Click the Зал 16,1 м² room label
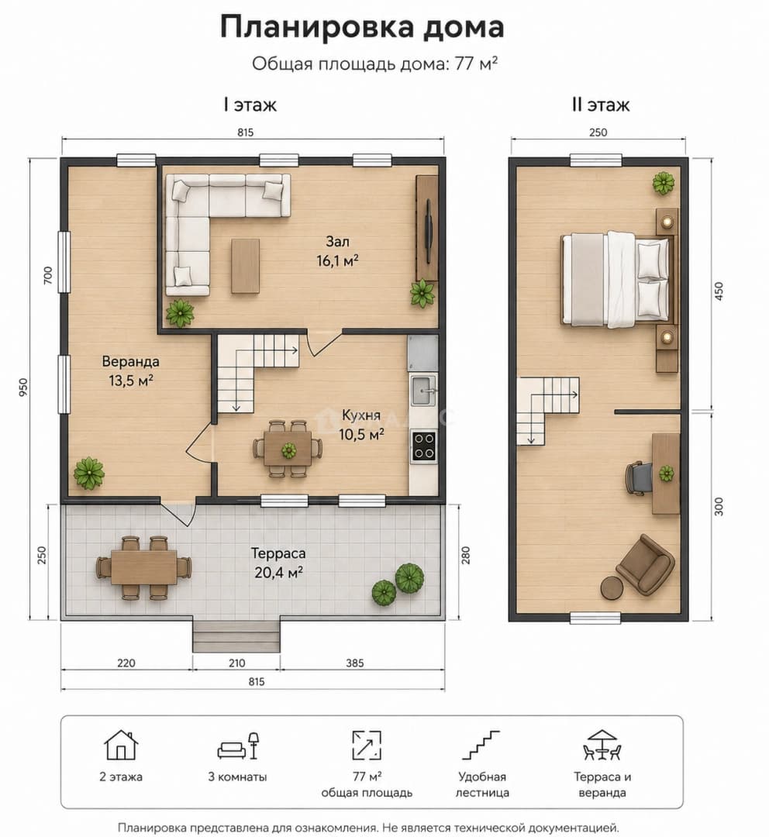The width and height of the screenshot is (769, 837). coord(337,251)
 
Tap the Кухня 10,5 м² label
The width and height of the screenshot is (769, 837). coord(361,425)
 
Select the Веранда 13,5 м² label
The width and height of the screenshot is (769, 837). coord(131,370)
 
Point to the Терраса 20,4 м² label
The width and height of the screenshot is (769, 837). coord(278,563)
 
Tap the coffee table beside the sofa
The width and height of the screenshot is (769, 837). coord(245,266)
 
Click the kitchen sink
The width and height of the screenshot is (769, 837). coord(423,390)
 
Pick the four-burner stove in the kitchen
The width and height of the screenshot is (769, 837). coord(423,446)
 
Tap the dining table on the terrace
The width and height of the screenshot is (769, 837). coord(143,567)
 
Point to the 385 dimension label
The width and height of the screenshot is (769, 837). coord(354,663)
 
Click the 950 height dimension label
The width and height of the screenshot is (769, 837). coord(23,387)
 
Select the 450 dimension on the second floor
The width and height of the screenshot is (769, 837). coord(719,291)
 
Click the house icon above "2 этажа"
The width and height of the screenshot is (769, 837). coord(121,745)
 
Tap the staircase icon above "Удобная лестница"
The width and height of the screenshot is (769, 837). coord(481,745)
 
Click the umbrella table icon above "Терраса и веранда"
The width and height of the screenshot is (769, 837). coord(602,745)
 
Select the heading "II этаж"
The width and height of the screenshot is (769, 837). coord(600,105)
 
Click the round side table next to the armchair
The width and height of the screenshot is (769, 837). coord(612,587)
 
